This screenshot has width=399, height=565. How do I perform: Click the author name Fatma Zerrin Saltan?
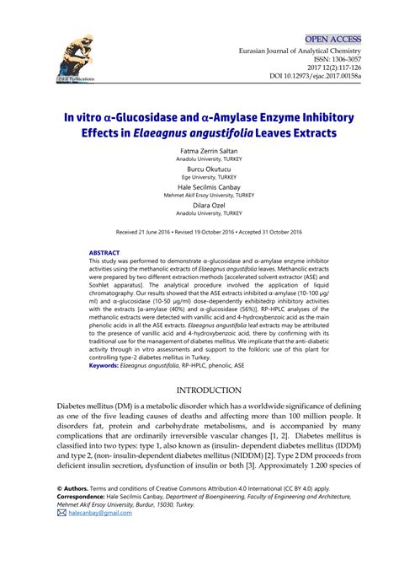(x=198, y=151)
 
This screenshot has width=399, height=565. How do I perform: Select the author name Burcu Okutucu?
(x=198, y=169)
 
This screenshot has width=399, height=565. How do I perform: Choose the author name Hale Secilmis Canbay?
(x=198, y=187)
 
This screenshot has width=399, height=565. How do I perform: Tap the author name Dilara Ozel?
(x=198, y=205)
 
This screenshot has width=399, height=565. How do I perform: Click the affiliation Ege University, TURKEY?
(x=198, y=177)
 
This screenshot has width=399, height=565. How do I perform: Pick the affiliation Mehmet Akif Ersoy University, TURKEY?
(x=198, y=196)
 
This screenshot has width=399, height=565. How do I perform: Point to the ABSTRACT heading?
(x=104, y=252)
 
